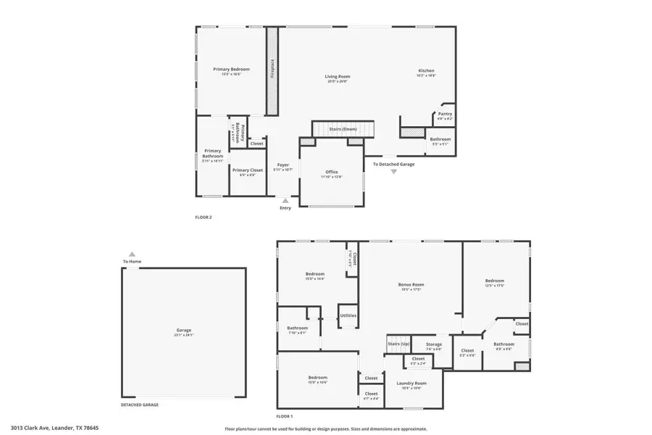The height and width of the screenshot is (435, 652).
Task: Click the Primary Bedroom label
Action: [x=231, y=70]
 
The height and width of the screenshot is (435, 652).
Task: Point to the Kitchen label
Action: [x=426, y=71]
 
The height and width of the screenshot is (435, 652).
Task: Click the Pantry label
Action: [x=445, y=114]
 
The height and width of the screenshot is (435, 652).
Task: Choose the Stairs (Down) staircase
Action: [x=343, y=129]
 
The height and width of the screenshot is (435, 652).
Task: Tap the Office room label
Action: [x=332, y=172]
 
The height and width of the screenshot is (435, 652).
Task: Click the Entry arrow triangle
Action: [x=285, y=201]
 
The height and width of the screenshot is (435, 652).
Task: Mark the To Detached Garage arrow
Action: [x=394, y=172]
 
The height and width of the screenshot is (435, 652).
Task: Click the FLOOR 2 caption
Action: [x=204, y=217]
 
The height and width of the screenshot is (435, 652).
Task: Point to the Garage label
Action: [x=183, y=330]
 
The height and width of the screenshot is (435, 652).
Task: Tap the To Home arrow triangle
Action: [x=131, y=254]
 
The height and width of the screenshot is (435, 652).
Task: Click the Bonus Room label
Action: [x=411, y=285]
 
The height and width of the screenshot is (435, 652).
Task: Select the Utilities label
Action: [x=348, y=315]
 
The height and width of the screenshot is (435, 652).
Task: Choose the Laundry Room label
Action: [x=411, y=383]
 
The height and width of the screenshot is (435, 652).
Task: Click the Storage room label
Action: [x=433, y=344]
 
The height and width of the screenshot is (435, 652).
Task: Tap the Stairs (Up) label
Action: [x=398, y=344]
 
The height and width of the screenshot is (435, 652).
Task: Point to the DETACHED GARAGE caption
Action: [x=139, y=405]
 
